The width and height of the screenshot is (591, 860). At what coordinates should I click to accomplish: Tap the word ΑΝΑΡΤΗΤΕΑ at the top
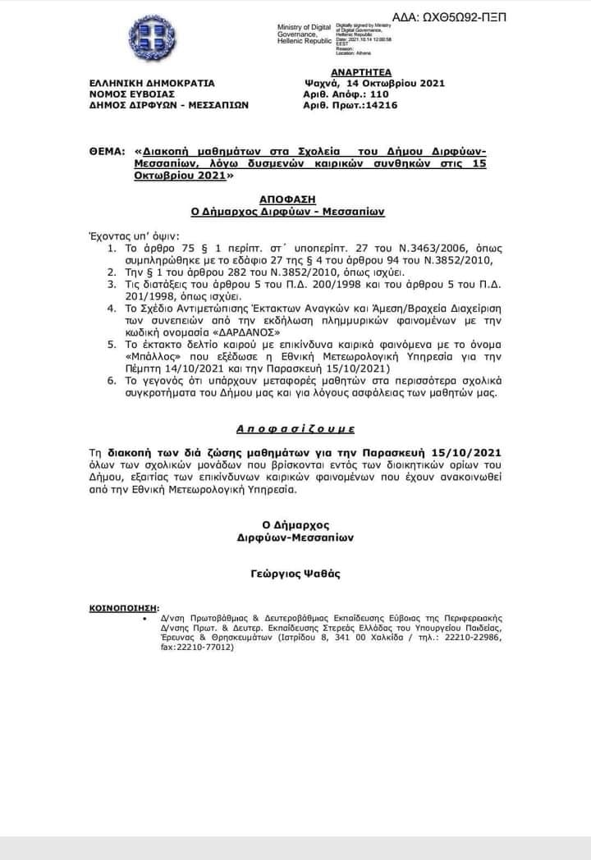coord(356,72)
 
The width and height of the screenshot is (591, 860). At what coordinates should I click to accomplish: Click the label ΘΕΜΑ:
coord(107,152)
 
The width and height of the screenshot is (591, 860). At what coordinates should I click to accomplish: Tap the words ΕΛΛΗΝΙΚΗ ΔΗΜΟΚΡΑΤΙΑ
coord(153,83)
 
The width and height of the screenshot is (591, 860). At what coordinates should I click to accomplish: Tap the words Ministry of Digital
coord(304,28)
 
